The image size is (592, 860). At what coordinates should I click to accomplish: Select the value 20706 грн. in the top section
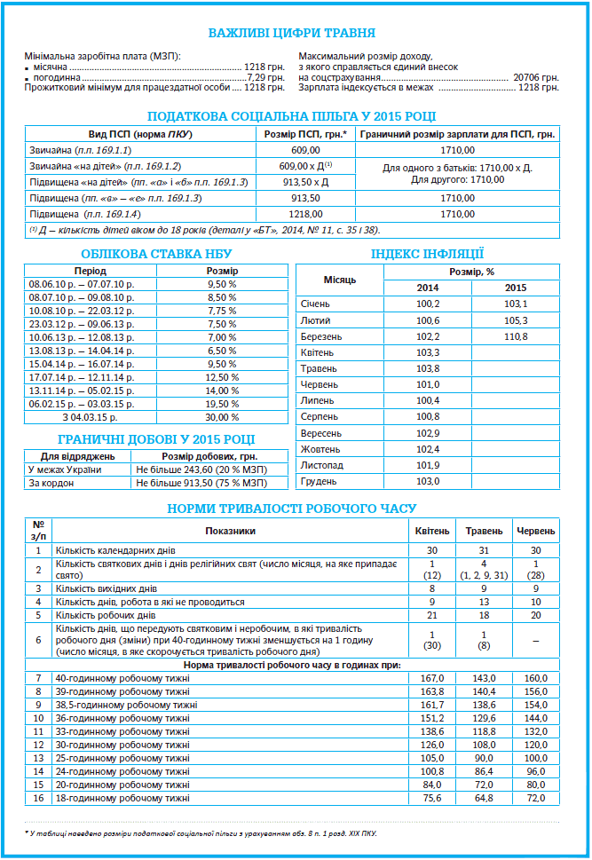coord(536,77)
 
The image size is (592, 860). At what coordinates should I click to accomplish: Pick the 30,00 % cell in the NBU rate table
coord(222,417)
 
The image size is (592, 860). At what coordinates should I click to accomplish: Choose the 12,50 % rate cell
coord(222,377)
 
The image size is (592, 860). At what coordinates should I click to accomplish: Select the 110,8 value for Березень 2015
coord(516,337)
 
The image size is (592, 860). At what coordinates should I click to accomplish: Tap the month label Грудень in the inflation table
coord(319,481)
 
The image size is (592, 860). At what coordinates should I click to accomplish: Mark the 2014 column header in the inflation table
coord(428,288)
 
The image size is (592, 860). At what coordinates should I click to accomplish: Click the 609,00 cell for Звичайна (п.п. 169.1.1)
coord(305,150)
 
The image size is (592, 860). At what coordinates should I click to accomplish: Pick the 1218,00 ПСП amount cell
coord(305,214)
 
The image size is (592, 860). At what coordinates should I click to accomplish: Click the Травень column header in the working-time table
coord(484,531)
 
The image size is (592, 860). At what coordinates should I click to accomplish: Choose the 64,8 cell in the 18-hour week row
coord(484,798)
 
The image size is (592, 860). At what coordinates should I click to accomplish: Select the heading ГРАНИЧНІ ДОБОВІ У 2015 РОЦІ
coord(156,438)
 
